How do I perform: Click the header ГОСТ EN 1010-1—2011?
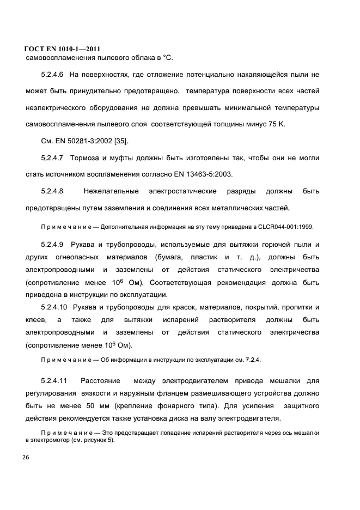coord(63,48)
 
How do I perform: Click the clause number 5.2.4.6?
coord(52,73)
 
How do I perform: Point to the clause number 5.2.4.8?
coord(52,191)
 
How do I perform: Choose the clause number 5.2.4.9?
coord(52,244)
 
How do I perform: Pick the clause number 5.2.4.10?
coord(54,307)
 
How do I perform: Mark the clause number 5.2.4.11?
coord(54,380)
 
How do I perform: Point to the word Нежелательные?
coord(112,191)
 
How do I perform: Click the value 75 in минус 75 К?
coord(270,124)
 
